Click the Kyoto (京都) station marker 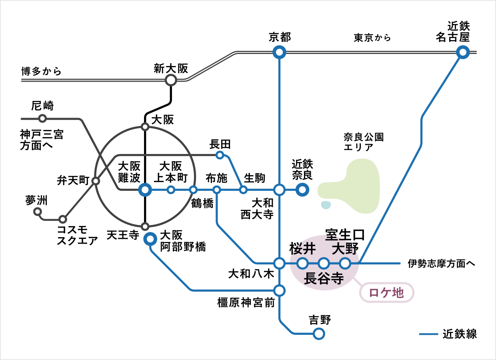click(279, 52)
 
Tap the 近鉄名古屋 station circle click(463, 52)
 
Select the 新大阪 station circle click(171, 80)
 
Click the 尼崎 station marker click(42, 118)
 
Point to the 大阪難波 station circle click(145, 190)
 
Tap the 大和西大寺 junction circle click(279, 190)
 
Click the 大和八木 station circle click(279, 263)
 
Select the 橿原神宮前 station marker click(279, 290)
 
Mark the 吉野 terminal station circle click(319, 333)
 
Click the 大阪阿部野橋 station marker click(150, 239)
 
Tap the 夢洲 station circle click(38, 212)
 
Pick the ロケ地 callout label click(386, 293)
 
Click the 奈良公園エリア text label click(364, 142)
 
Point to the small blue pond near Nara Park click(326, 205)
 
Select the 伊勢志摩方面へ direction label click(441, 263)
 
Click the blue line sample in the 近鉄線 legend click(429, 334)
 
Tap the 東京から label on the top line click(372, 38)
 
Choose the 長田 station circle click(220, 155)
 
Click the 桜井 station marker click(302, 263)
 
